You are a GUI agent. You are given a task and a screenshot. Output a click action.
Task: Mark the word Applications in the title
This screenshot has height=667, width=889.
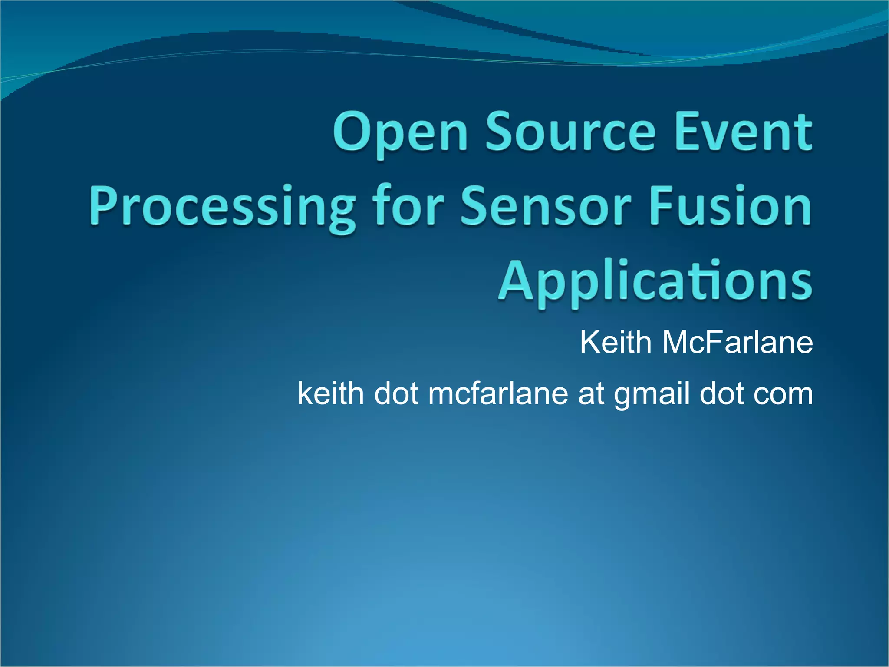coord(655,282)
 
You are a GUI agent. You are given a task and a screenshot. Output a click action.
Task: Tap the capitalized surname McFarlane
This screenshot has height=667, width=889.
coord(738,343)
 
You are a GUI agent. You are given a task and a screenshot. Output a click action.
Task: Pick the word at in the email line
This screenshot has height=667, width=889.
coord(591,394)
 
